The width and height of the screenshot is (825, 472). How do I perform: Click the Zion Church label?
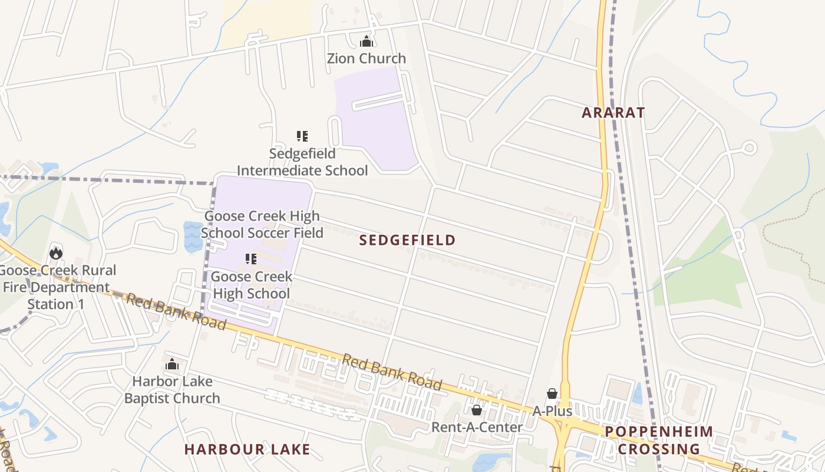click(367, 58)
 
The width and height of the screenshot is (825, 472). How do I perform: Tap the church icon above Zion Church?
click(367, 41)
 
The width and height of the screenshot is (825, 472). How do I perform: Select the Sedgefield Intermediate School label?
click(302, 162)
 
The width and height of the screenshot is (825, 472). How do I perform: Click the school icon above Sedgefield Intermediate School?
click(302, 136)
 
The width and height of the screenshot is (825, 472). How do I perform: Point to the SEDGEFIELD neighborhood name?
click(408, 240)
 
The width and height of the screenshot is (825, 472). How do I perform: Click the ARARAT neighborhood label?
click(613, 113)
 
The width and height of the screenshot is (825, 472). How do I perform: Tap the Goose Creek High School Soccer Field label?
click(262, 224)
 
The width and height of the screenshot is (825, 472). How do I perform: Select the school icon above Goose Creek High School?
click(251, 259)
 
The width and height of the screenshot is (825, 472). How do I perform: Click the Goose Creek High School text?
click(251, 285)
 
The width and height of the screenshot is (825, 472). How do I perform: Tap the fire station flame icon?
click(56, 253)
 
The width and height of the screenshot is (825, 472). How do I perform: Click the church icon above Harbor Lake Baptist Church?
click(172, 364)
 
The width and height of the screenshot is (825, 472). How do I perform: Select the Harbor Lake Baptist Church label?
click(172, 389)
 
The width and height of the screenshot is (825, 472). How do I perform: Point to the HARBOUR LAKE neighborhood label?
click(247, 450)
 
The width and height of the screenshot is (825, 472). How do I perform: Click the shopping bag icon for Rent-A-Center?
click(477, 409)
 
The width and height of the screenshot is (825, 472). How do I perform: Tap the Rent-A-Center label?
click(477, 427)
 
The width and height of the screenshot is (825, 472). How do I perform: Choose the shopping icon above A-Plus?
click(552, 393)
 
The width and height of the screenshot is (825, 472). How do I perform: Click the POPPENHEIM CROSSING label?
click(659, 440)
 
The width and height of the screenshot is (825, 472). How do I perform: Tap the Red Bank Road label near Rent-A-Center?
click(392, 372)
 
